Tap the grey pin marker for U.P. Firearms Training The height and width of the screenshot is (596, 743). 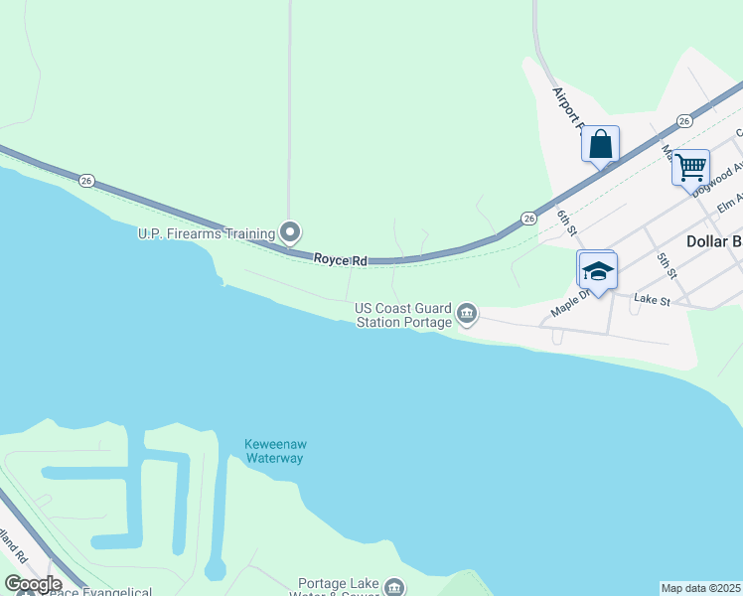point(290,232)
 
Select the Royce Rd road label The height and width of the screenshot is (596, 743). point(341,260)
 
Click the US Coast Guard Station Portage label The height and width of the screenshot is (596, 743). point(403,315)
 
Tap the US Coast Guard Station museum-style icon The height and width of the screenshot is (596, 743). point(467,316)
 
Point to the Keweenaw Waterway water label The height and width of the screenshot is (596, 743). point(273,451)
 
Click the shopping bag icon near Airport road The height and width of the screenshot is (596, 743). point(600,145)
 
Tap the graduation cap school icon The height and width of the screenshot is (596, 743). point(597,269)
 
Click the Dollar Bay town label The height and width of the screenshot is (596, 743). point(713,241)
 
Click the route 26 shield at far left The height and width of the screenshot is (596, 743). point(87,180)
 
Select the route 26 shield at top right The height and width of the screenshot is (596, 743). point(684,120)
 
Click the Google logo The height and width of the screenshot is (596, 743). point(33,583)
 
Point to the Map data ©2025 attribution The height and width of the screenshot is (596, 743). point(700,588)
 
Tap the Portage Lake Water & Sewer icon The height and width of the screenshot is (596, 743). point(394,587)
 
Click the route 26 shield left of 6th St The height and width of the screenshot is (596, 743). point(528,218)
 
